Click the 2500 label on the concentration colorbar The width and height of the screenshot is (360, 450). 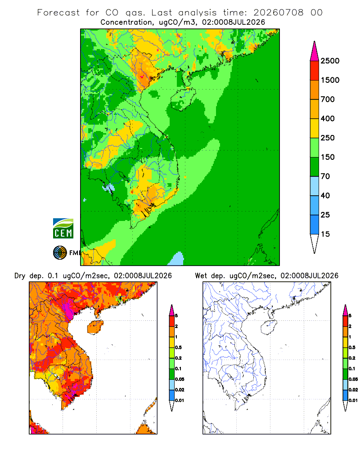(x=330, y=61)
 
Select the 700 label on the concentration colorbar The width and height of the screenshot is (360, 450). (x=328, y=99)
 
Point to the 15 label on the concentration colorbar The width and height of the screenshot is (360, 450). (x=325, y=234)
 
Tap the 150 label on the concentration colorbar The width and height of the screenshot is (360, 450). (x=328, y=157)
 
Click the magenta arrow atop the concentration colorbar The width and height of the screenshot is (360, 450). (x=315, y=52)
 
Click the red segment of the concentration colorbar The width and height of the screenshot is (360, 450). (x=315, y=71)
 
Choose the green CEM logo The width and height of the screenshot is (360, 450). (x=63, y=228)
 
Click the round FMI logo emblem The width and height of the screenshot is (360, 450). (x=60, y=253)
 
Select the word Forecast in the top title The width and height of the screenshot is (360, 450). (x=58, y=13)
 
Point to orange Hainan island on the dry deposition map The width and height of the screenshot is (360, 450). (x=95, y=327)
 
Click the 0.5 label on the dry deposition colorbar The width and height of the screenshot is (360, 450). (x=178, y=347)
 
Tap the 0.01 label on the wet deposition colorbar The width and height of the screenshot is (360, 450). (x=353, y=400)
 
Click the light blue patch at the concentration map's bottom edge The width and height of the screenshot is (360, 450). (x=176, y=259)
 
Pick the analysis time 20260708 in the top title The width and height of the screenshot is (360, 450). (x=278, y=13)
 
